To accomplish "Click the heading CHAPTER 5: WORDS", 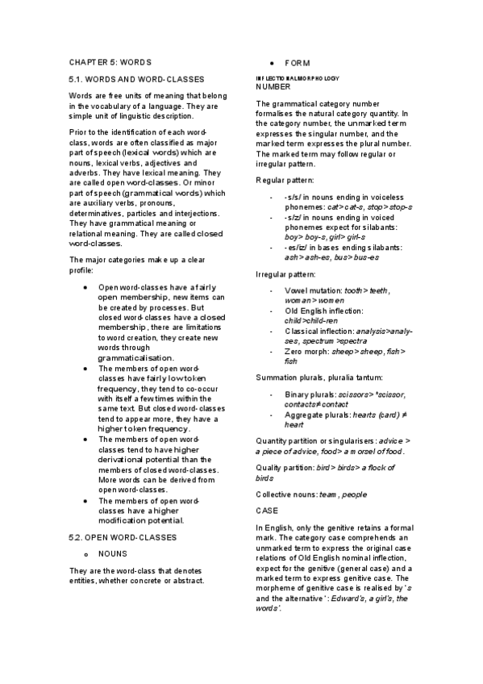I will [110, 62].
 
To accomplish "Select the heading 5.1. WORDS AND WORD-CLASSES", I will [136, 78].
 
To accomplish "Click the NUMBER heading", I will [272, 85].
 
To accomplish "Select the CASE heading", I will [266, 511].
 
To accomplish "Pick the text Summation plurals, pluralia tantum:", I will [319, 377].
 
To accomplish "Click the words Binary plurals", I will [310, 394].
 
